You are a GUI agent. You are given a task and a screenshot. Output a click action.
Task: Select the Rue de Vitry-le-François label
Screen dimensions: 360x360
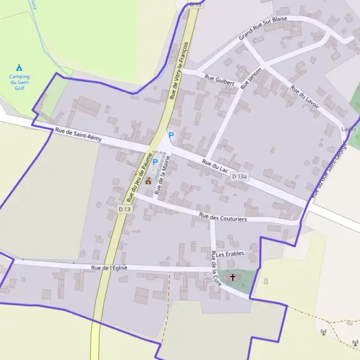click(180, 70)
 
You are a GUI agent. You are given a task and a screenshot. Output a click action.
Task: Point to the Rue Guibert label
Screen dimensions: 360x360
click(219, 77)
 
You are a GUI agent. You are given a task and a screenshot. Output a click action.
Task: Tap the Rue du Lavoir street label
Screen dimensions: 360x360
click(305, 97)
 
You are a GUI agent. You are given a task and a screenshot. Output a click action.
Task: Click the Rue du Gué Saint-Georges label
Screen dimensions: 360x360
click(329, 171)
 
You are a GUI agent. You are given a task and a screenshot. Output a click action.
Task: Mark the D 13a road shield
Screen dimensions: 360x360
click(240, 176)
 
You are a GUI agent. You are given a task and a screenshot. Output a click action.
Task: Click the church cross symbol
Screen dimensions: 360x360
click(233, 277)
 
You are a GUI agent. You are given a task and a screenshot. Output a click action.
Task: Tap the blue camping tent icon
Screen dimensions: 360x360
click(19, 67)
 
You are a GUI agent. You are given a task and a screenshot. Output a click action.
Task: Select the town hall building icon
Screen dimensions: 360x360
click(148, 179)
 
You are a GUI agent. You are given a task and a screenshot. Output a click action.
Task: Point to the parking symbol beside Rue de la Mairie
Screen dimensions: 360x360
click(155, 161)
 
